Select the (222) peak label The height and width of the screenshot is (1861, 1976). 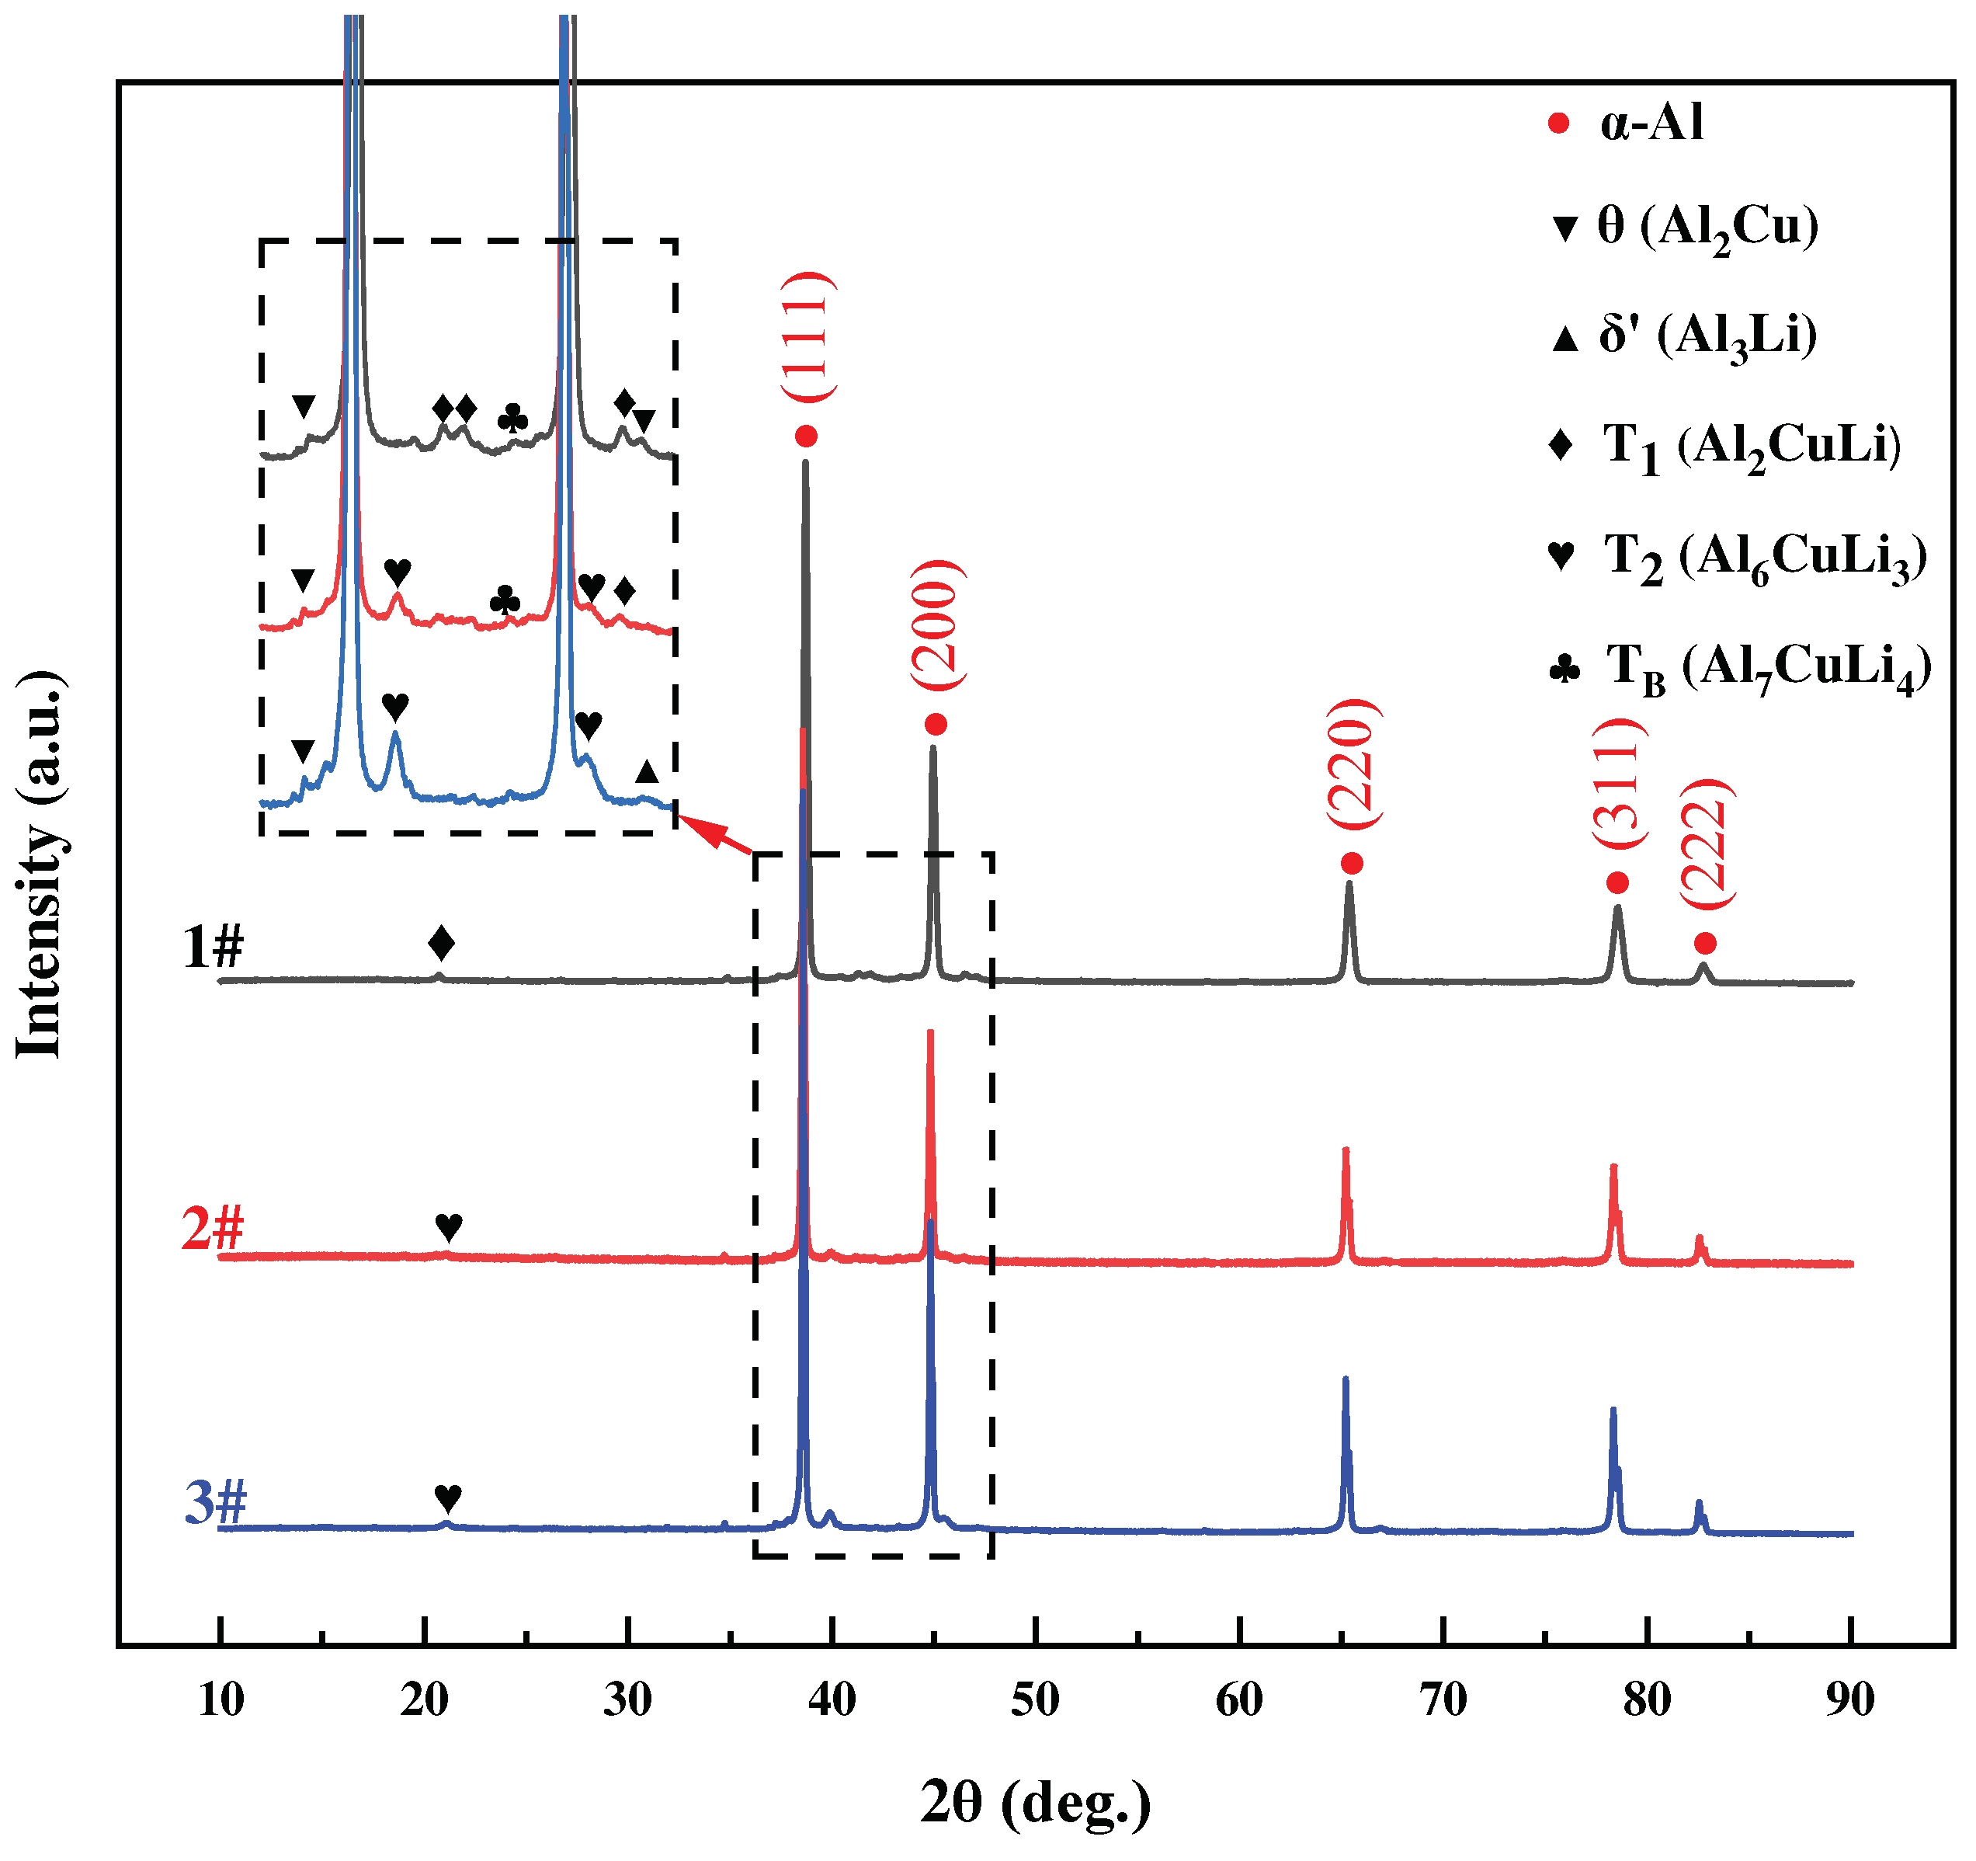pos(1706,843)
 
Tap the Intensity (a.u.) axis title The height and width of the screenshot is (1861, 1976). pos(42,865)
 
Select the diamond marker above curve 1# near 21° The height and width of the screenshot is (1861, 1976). pos(441,942)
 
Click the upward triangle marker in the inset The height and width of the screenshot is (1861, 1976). pos(647,771)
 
